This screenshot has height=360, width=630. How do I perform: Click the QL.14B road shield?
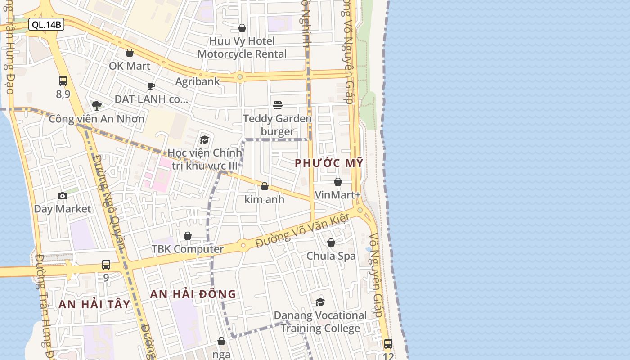pyautogui.click(x=46, y=25)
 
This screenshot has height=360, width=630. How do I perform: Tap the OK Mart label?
pyautogui.click(x=130, y=66)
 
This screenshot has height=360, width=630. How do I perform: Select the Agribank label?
pyautogui.click(x=198, y=81)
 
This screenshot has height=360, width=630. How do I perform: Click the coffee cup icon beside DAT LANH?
pyautogui.click(x=151, y=86)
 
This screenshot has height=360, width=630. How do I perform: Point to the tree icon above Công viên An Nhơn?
pyautogui.click(x=96, y=106)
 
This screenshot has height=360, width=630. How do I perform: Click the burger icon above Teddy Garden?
pyautogui.click(x=278, y=105)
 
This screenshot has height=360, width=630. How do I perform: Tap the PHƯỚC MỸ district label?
pyautogui.click(x=328, y=163)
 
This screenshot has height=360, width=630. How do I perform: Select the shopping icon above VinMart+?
pyautogui.click(x=338, y=182)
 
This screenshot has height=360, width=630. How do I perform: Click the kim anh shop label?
pyautogui.click(x=265, y=199)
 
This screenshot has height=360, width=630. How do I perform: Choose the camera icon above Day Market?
pyautogui.click(x=63, y=196)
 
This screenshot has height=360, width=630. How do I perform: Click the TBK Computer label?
pyautogui.click(x=188, y=249)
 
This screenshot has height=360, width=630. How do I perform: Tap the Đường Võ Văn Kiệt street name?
pyautogui.click(x=302, y=231)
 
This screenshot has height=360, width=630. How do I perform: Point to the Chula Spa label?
pyautogui.click(x=331, y=256)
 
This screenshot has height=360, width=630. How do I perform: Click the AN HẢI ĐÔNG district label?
pyautogui.click(x=193, y=294)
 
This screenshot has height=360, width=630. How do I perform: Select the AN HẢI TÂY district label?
pyautogui.click(x=94, y=304)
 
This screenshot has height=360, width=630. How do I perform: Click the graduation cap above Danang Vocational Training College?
pyautogui.click(x=320, y=302)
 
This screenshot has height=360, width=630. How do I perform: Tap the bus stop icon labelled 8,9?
pyautogui.click(x=63, y=81)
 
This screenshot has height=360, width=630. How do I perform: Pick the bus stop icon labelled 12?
pyautogui.click(x=388, y=344)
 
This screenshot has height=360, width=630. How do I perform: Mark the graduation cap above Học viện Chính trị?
pyautogui.click(x=205, y=139)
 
